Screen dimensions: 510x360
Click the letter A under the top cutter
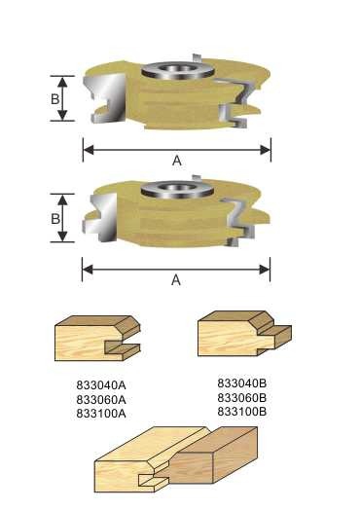176,163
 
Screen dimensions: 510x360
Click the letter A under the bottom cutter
176,279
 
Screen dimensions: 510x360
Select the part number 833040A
102,385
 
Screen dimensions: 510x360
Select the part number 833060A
102,399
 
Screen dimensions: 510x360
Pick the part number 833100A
102,413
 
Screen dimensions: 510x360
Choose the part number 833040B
243,383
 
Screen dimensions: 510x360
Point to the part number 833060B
243,397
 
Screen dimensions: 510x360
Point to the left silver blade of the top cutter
108,103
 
